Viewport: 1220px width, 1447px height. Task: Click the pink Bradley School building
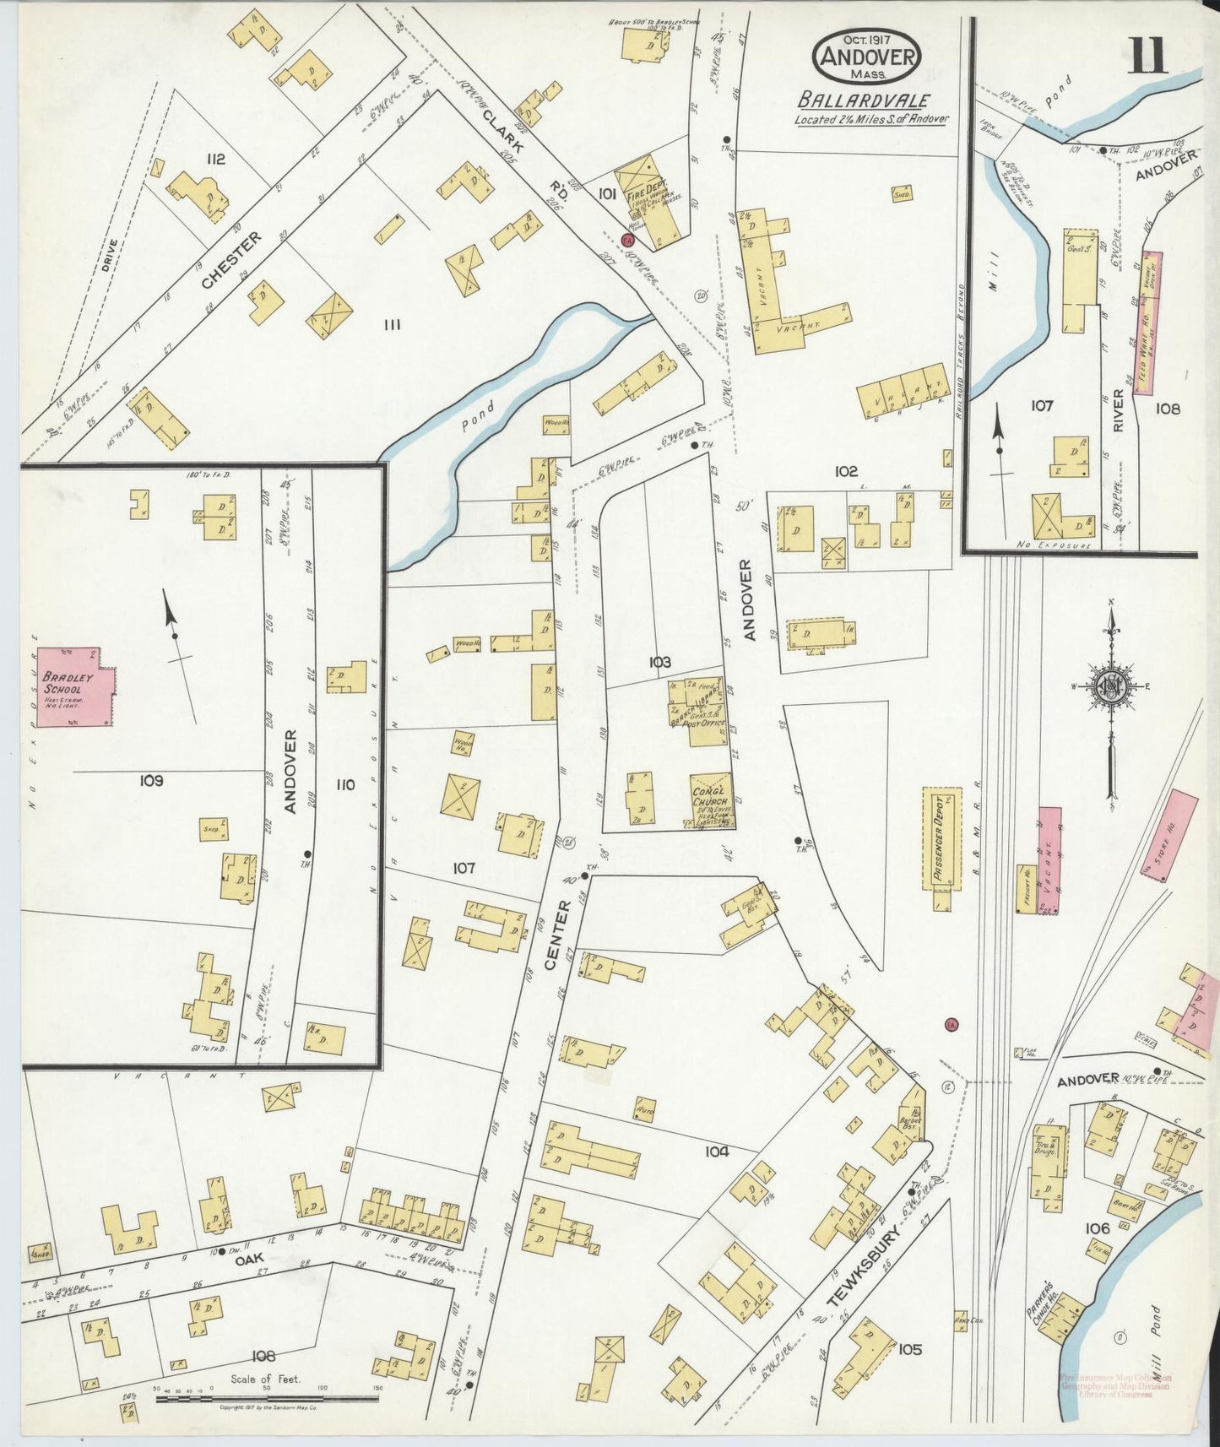(75, 687)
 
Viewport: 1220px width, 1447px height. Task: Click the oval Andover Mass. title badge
(866, 57)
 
